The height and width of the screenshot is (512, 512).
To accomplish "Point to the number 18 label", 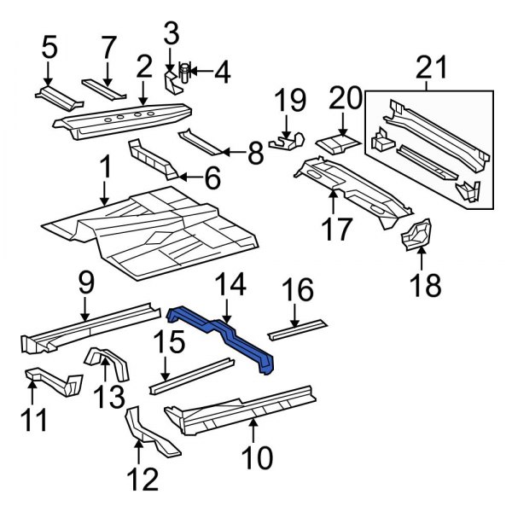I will pos(424,284).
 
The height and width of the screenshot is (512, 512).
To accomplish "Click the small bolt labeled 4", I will pos(185,72).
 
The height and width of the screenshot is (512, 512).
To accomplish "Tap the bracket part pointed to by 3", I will pos(171,82).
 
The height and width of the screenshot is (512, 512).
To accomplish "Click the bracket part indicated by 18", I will pos(418,235).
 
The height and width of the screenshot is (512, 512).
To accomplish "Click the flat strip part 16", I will pos(296,327).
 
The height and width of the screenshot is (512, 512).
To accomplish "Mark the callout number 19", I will pos(290,102).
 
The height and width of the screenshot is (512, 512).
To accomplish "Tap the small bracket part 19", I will pos(286,140).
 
